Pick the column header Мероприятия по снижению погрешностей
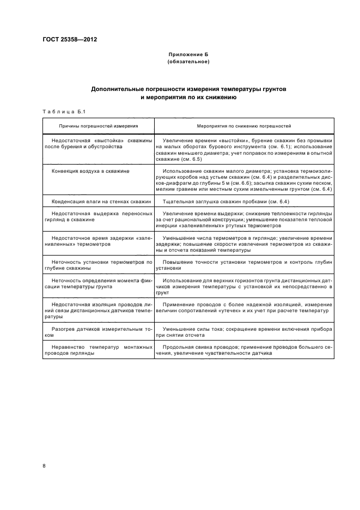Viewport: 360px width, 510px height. (243, 126)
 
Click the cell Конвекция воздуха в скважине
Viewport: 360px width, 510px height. (90, 171)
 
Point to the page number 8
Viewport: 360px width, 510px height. (45, 465)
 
